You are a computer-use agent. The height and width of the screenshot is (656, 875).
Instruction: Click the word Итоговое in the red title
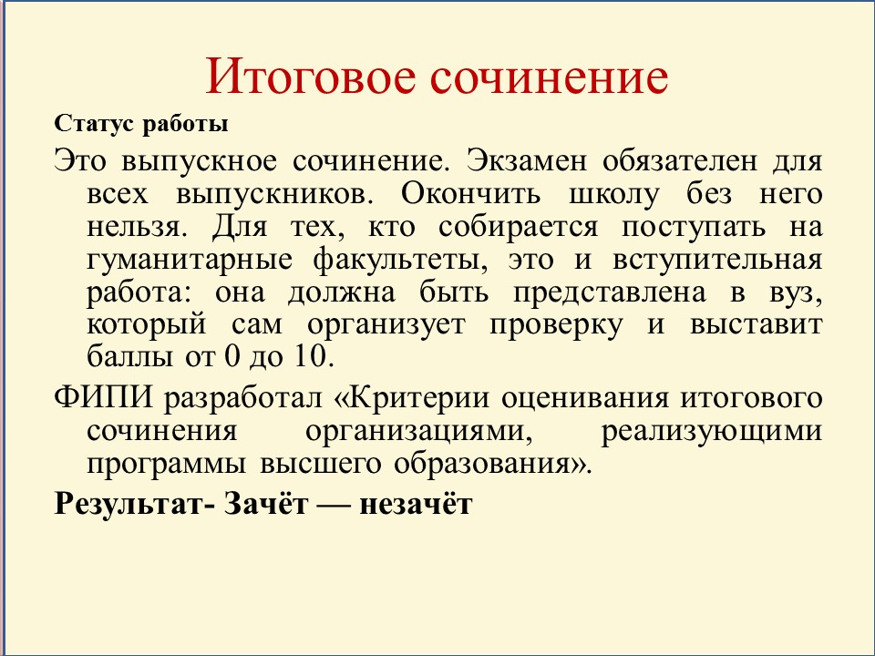pyautogui.click(x=312, y=76)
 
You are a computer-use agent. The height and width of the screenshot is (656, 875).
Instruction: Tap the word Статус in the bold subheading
pyautogui.click(x=94, y=124)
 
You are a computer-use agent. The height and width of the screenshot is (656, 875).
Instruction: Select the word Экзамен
pyautogui.click(x=527, y=161)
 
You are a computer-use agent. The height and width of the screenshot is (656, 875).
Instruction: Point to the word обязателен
pyautogui.click(x=680, y=161)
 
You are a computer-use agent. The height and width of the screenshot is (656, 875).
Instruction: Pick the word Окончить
pyautogui.click(x=470, y=194)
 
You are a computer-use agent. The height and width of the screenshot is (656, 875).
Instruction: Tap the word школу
pyautogui.click(x=613, y=195)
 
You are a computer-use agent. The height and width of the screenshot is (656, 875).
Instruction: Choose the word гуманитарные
pyautogui.click(x=190, y=261)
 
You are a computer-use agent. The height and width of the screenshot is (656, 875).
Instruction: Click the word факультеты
pyautogui.click(x=399, y=260)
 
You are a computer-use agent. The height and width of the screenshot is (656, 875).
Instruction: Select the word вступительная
pyautogui.click(x=717, y=261)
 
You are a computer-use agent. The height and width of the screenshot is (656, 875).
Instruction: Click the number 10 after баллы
pyautogui.click(x=310, y=356)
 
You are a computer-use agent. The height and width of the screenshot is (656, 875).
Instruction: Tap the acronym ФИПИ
pyautogui.click(x=103, y=398)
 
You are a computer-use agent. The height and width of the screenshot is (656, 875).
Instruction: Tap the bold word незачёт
pyautogui.click(x=416, y=504)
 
